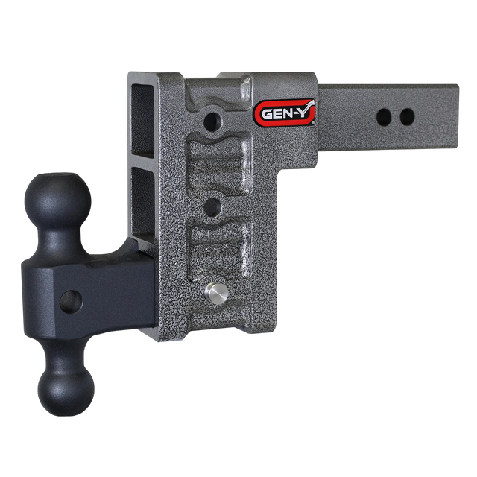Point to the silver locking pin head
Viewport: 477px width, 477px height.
(215, 293)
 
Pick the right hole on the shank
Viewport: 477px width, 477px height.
(406, 116)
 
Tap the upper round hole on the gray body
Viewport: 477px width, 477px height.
(215, 119)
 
